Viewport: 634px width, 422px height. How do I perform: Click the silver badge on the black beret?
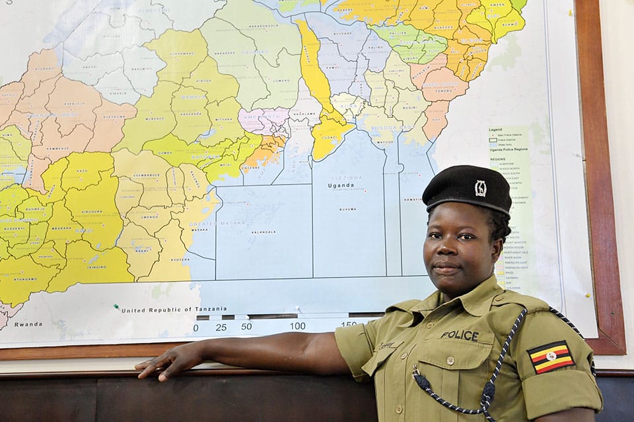coord(480,189)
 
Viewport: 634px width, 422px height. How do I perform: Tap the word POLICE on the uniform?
coord(460,335)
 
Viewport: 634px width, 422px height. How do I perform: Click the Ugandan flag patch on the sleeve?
coord(551,357)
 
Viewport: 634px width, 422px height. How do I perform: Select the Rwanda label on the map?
coord(28,324)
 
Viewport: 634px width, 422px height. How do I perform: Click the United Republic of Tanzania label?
coord(174,309)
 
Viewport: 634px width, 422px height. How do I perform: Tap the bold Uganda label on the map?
coord(341,185)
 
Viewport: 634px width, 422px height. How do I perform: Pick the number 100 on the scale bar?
coord(297,326)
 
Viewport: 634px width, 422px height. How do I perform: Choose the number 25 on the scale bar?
coord(221,326)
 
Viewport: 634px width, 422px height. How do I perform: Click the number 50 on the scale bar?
coord(246,326)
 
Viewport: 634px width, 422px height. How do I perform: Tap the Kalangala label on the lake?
coord(263,232)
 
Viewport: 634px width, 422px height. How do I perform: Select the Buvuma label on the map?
coord(347,209)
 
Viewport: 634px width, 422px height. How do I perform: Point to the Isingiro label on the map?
coord(97,267)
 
